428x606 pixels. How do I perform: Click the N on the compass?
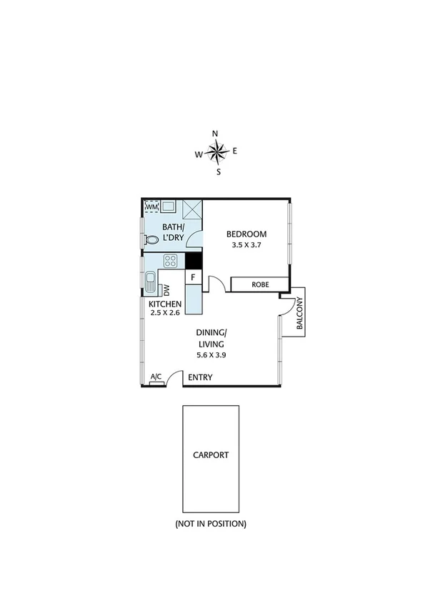click(215, 134)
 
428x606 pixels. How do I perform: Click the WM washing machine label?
click(151, 207)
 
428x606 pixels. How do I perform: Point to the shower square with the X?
click(193, 210)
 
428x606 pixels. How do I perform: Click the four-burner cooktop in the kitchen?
click(171, 261)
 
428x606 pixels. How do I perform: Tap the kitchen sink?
click(151, 283)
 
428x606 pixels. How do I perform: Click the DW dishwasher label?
click(166, 290)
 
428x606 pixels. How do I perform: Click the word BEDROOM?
click(247, 234)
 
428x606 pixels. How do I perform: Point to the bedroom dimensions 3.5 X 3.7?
click(247, 245)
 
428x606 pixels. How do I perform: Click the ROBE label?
click(259, 284)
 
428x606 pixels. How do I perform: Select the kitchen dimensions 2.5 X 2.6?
click(164, 312)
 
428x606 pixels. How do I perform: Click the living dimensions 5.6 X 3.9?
click(211, 354)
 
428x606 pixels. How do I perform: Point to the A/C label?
click(156, 378)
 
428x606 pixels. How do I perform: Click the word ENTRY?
click(200, 377)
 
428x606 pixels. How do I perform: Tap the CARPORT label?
click(211, 454)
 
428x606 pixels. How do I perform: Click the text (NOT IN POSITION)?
click(211, 524)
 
